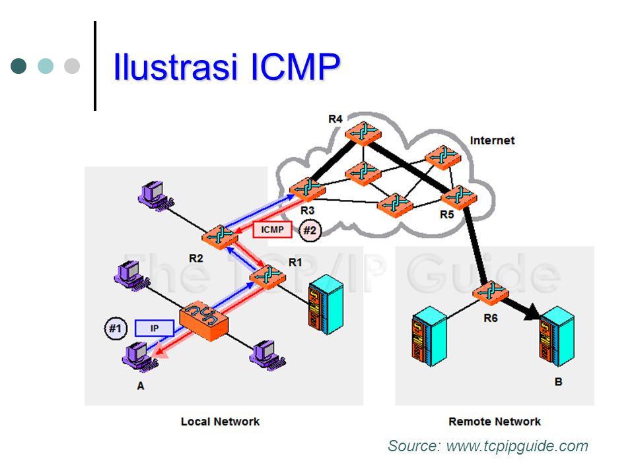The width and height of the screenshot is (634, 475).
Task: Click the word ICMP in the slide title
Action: pos(288,67)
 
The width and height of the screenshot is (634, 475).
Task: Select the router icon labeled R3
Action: pos(306,190)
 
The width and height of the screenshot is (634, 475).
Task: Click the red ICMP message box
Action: pos(272,230)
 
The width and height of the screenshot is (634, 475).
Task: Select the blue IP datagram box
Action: pos(155,327)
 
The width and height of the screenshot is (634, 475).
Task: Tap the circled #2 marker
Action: pos(310,231)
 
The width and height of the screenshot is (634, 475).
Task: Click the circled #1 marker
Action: pos(116,327)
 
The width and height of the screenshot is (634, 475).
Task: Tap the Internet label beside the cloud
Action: pos(492,141)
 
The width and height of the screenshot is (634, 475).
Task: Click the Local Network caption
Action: pos(220,422)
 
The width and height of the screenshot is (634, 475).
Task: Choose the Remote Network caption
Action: pos(494,422)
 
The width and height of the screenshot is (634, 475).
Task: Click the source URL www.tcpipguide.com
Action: pos(517,447)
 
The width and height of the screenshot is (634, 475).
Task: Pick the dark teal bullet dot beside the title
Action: pos(19,66)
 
